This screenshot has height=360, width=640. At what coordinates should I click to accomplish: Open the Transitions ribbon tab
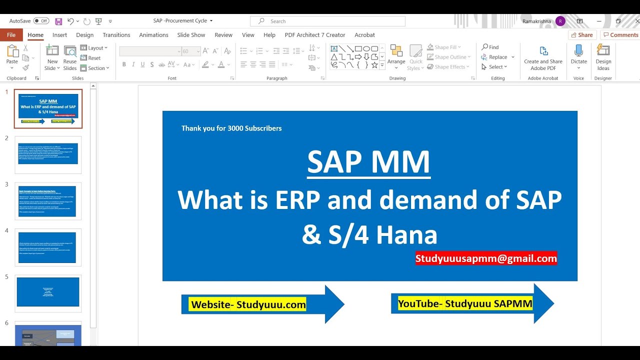pyautogui.click(x=116, y=35)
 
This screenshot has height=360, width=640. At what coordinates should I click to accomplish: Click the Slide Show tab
pyautogui.click(x=191, y=35)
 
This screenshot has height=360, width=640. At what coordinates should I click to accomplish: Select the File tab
pyautogui.click(x=11, y=35)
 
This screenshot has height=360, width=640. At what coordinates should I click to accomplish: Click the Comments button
pyautogui.click(x=620, y=35)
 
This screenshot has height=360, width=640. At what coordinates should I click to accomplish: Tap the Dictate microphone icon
pyautogui.click(x=578, y=51)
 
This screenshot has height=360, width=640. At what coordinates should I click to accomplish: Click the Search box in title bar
pyautogui.click(x=327, y=21)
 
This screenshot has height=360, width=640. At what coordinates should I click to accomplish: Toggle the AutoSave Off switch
pyautogui.click(x=41, y=21)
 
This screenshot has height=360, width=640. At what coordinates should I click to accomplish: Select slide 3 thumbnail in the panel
pyautogui.click(x=48, y=201)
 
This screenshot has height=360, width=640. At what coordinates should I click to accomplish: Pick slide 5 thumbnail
pyautogui.click(x=48, y=292)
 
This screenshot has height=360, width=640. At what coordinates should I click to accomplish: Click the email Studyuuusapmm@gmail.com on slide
pyautogui.click(x=486, y=258)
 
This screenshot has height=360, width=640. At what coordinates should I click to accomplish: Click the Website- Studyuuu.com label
pyautogui.click(x=248, y=304)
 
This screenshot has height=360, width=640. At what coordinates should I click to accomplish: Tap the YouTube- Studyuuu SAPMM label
pyautogui.click(x=465, y=303)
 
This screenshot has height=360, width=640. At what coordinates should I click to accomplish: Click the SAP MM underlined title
pyautogui.click(x=368, y=162)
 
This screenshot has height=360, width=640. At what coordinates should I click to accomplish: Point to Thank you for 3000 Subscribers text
pyautogui.click(x=231, y=128)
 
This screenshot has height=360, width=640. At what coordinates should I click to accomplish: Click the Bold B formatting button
pyautogui.click(x=124, y=64)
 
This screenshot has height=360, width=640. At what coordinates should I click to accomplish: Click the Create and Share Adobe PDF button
pyautogui.click(x=543, y=58)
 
